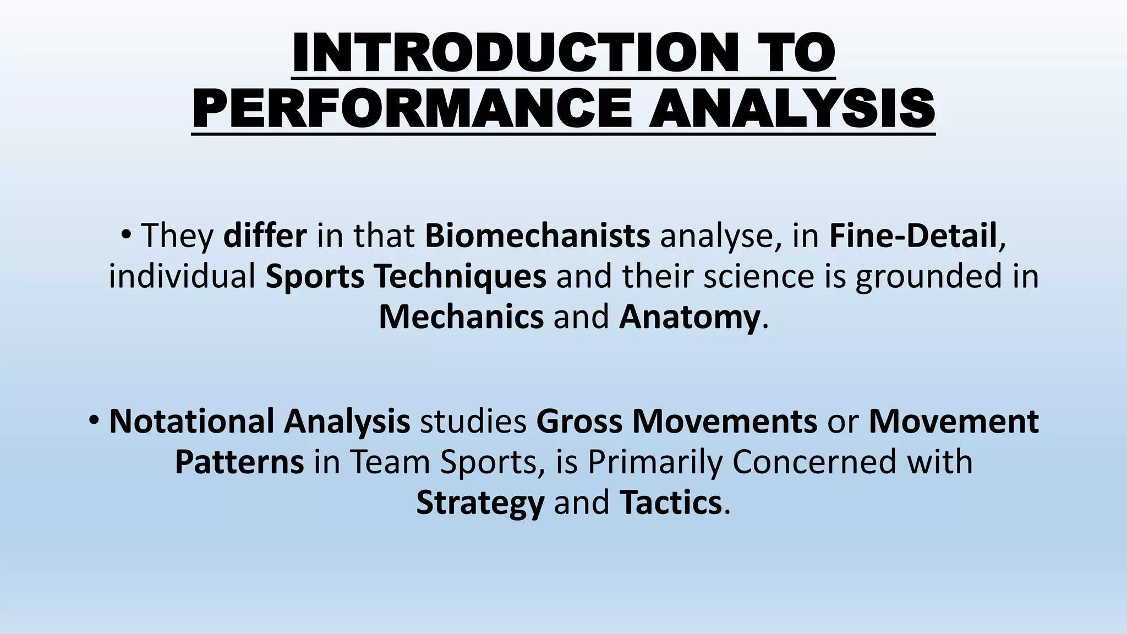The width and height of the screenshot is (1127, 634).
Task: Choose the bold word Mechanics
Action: tap(461, 317)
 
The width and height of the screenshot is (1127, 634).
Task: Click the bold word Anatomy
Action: tap(689, 317)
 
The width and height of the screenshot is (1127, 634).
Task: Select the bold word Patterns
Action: tap(239, 462)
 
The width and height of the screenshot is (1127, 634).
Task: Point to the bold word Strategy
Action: tap(480, 502)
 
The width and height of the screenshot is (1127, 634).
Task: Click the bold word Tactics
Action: tap(670, 502)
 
